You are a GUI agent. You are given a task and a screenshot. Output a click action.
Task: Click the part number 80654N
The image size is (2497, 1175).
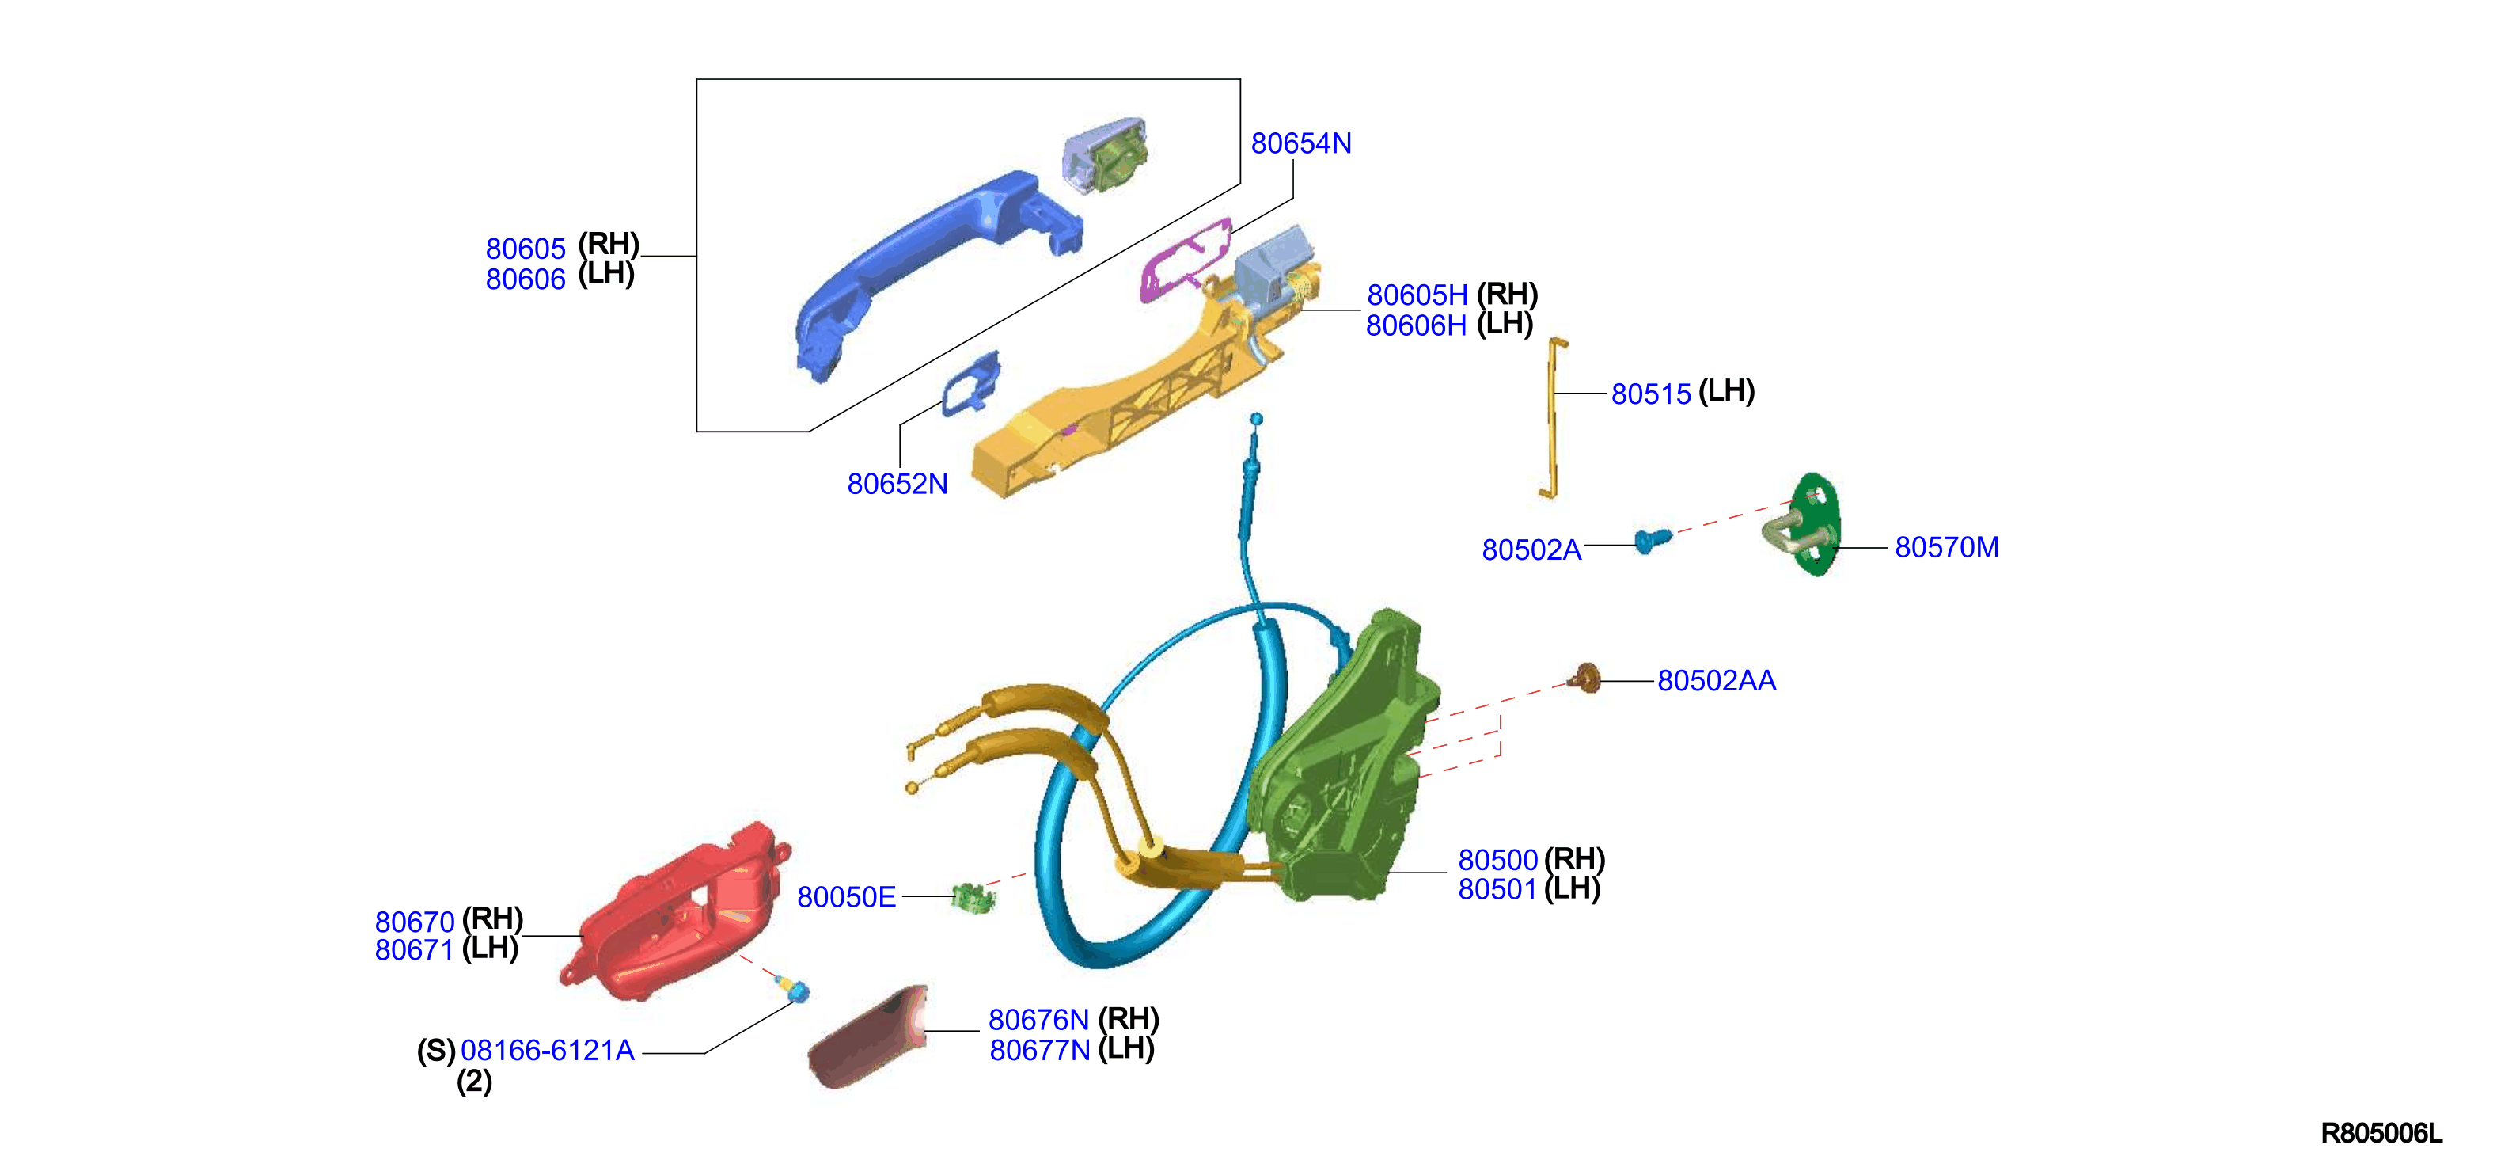[1301, 143]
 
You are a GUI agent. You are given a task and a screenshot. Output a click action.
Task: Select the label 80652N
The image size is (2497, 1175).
[897, 484]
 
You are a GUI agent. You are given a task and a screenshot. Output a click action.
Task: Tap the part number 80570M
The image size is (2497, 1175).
[1946, 548]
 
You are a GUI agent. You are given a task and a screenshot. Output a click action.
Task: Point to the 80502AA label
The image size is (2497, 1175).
[1717, 681]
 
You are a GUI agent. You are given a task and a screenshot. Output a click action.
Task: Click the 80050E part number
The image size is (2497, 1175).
[846, 898]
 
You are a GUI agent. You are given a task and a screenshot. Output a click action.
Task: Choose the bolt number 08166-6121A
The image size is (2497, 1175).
[548, 1050]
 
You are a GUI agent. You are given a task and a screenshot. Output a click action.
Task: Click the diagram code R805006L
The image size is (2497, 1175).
[2381, 1133]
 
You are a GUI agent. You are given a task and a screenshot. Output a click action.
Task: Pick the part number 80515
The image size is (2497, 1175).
[1651, 394]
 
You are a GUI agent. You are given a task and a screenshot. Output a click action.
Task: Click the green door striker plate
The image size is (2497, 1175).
[1805, 524]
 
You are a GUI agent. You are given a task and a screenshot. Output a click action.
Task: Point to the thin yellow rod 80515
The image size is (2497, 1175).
[1551, 417]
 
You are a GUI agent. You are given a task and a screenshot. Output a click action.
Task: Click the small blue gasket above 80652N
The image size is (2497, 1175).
[970, 384]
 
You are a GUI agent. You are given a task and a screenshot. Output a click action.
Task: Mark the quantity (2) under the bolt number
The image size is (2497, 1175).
[474, 1082]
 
